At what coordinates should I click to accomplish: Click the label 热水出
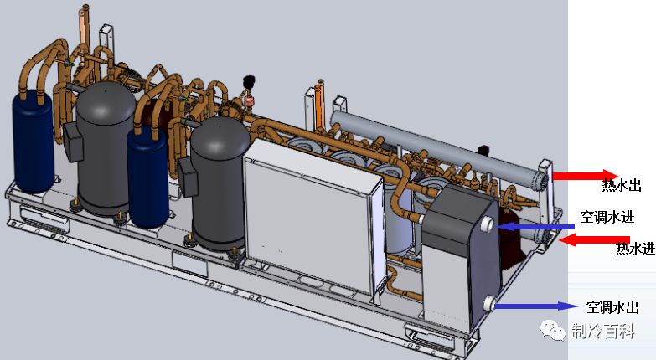622,185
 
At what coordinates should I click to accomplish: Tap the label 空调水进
607,217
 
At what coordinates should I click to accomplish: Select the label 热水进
635,249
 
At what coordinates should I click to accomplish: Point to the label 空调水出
612,307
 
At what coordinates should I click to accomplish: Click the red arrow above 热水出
586,175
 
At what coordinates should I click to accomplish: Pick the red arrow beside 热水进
595,240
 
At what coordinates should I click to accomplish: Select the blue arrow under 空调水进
537,227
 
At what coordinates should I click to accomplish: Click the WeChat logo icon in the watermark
554,331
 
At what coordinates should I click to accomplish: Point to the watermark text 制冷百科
603,332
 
